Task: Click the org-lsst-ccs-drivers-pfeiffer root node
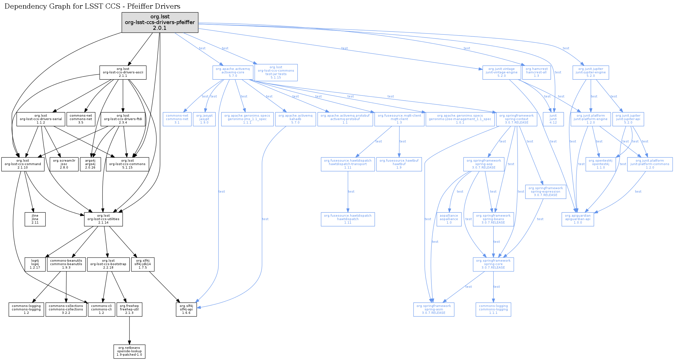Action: click(x=160, y=22)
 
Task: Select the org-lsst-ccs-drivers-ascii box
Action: click(x=123, y=73)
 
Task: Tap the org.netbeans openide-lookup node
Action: click(x=129, y=351)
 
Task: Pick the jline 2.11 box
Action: click(x=35, y=219)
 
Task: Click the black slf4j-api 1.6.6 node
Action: click(x=186, y=310)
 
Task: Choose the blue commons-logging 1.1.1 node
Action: click(x=493, y=310)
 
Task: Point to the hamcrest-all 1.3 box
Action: click(x=537, y=73)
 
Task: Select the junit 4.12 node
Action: click(x=553, y=119)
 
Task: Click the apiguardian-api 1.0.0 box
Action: click(x=577, y=219)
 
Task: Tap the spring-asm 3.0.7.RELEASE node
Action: click(x=434, y=310)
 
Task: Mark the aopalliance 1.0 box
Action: click(x=449, y=219)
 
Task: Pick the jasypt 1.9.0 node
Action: click(x=204, y=119)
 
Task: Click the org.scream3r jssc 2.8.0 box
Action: click(x=64, y=164)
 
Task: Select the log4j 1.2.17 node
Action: click(x=35, y=264)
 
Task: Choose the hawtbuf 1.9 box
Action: click(x=399, y=164)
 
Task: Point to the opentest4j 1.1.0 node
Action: click(x=600, y=164)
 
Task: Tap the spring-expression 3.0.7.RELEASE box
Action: click(x=545, y=192)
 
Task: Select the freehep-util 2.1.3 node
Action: click(x=129, y=310)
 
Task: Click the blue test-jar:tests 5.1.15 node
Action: click(x=276, y=73)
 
